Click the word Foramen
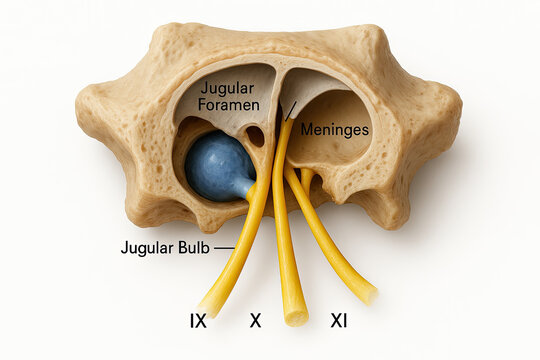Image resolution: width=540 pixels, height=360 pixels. [x=230, y=105]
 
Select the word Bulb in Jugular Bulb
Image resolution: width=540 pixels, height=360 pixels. [x=191, y=247]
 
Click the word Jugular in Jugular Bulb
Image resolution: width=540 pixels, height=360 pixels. [x=146, y=247]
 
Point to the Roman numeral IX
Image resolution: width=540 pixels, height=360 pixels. [x=198, y=320]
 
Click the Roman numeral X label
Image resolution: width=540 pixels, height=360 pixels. [x=255, y=320]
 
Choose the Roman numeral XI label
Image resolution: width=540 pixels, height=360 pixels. [x=339, y=320]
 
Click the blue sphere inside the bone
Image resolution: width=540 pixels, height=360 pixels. [x=218, y=165]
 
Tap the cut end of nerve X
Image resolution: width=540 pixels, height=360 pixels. [x=295, y=317]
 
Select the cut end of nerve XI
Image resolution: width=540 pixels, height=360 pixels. [x=367, y=293]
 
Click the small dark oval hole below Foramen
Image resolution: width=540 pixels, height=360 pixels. [x=255, y=135]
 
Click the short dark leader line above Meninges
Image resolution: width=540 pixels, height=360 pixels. [x=293, y=110]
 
